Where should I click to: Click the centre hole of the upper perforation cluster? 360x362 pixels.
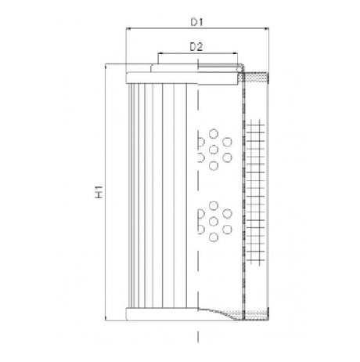tap(214, 147)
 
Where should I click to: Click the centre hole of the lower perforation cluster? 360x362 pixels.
tap(214, 221)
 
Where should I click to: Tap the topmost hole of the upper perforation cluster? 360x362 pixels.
tap(214, 132)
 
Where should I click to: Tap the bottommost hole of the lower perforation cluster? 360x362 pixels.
tap(214, 237)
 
